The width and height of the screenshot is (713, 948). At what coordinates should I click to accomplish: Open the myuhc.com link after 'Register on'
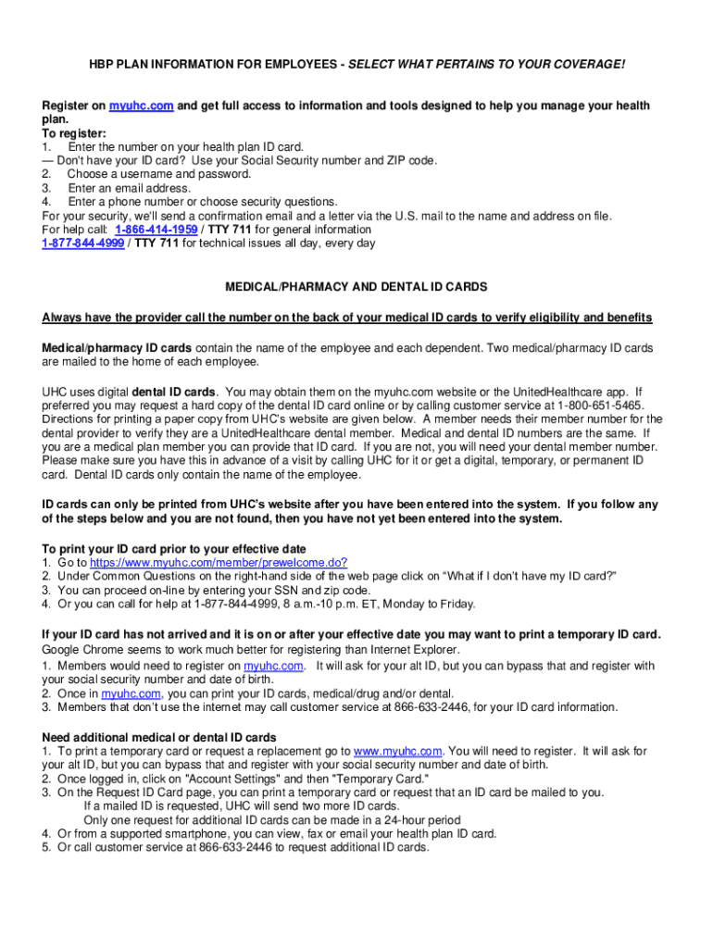point(141,106)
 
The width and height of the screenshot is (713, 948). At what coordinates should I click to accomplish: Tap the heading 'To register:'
point(74,133)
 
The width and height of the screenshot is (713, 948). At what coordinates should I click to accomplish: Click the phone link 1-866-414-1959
point(156,230)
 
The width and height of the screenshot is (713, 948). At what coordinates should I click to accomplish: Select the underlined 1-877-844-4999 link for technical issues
point(82,243)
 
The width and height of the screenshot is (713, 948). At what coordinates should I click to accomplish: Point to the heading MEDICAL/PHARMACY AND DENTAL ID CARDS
point(356,287)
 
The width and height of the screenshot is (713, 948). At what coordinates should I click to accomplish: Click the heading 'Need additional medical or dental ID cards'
point(158,737)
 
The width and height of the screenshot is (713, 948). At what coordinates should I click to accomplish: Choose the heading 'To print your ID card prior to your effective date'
point(174,549)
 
